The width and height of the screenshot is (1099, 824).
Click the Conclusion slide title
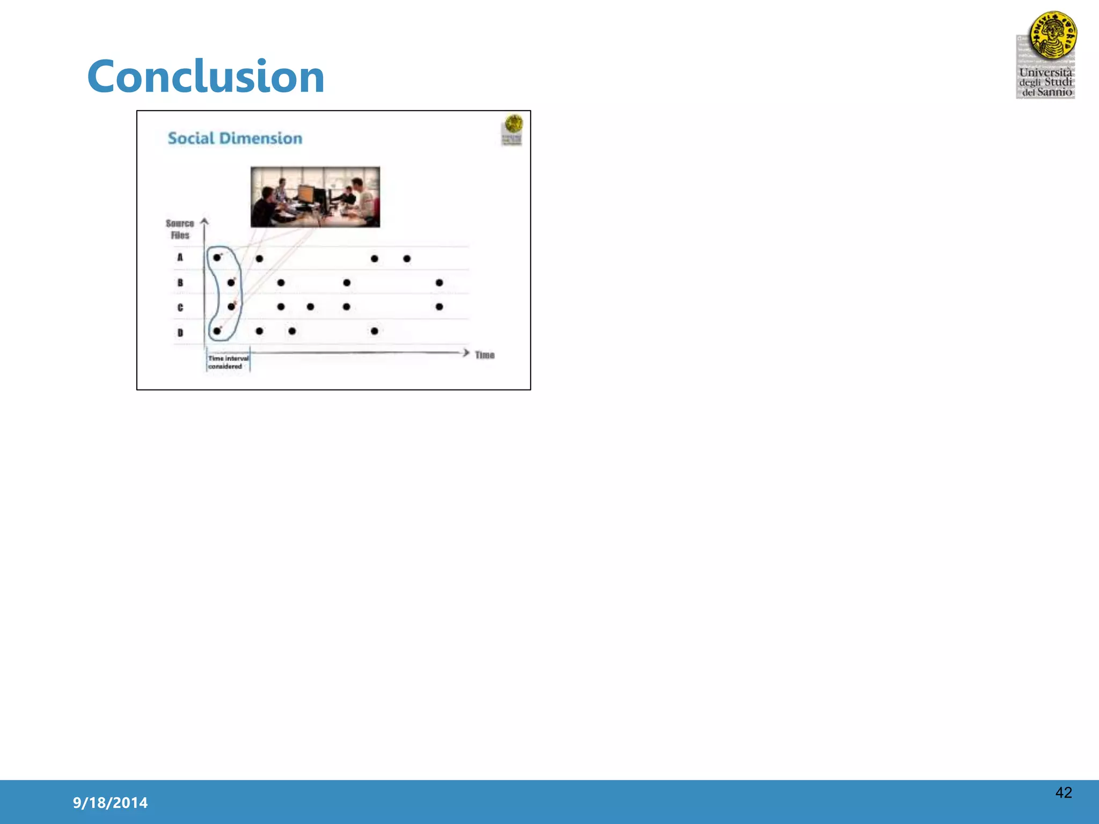(x=206, y=77)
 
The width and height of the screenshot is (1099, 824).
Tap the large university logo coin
(x=1053, y=35)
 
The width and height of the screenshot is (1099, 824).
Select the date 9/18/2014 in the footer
(x=110, y=803)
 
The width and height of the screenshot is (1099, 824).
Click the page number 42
(x=1063, y=792)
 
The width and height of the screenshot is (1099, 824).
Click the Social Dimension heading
(x=235, y=138)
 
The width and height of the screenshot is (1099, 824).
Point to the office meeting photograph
(x=315, y=197)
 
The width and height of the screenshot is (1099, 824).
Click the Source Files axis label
(x=180, y=229)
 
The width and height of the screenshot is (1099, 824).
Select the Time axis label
(x=485, y=355)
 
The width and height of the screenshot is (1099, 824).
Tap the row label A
(x=180, y=257)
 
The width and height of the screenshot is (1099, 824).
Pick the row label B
(x=180, y=283)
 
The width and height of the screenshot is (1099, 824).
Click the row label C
(x=180, y=307)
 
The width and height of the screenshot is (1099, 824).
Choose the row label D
(x=180, y=333)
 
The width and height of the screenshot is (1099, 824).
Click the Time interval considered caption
(x=228, y=362)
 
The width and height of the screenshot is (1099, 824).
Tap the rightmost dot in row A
(x=407, y=259)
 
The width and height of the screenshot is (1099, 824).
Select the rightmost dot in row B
(x=439, y=283)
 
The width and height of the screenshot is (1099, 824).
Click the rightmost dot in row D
(x=375, y=331)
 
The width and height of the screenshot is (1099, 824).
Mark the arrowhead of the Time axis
(x=466, y=352)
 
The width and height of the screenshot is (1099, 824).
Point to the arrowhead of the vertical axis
(x=204, y=220)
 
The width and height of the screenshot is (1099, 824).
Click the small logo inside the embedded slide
(x=512, y=129)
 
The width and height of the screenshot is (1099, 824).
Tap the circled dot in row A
(x=217, y=257)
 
